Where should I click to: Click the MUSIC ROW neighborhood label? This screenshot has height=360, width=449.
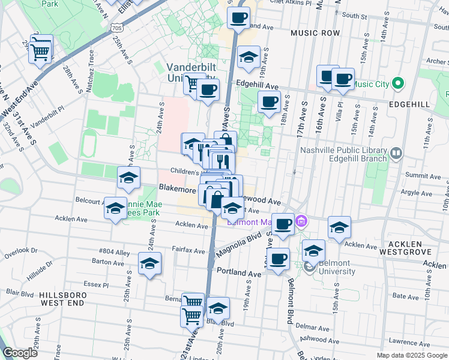click(315, 33)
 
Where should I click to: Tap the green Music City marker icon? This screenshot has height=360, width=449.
click(397, 83)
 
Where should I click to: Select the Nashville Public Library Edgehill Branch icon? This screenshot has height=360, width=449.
click(396, 154)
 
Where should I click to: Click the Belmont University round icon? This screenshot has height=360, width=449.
click(309, 268)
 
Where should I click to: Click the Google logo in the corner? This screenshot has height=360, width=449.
click(20, 353)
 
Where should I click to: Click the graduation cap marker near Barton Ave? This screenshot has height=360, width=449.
click(149, 263)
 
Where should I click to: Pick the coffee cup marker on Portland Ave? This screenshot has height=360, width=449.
click(277, 259)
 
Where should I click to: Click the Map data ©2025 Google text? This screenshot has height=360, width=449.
click(411, 355)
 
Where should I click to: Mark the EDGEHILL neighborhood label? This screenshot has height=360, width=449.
click(408, 104)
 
